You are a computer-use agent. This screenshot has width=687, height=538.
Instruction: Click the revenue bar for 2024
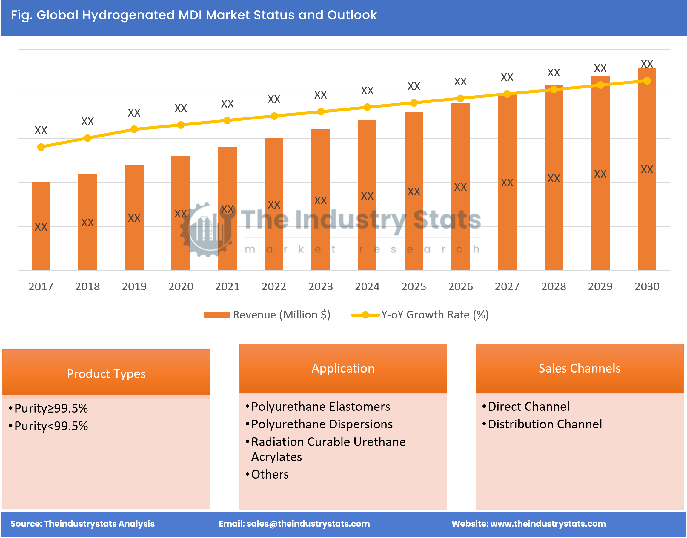[x=367, y=195]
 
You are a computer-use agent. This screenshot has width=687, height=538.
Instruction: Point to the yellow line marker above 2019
[x=134, y=129]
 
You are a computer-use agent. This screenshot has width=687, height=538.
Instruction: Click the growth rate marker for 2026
[x=460, y=99]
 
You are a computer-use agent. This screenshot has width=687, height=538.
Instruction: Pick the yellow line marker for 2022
[x=274, y=116]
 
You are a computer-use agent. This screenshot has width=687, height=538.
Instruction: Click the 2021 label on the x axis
[x=227, y=286]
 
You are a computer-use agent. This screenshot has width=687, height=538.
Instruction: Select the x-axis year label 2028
[x=554, y=286]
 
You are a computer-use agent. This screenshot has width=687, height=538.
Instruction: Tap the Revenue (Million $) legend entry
[x=267, y=315]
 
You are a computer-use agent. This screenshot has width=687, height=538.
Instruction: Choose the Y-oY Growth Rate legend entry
[x=420, y=315]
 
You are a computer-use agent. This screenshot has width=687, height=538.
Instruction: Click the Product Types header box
[x=106, y=373]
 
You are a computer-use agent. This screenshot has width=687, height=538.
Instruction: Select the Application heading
[x=343, y=368]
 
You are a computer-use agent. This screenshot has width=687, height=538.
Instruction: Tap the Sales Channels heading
[x=579, y=368]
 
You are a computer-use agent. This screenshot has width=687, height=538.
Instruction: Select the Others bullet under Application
[x=270, y=474]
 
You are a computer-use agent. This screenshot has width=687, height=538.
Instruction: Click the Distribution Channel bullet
[x=545, y=424]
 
